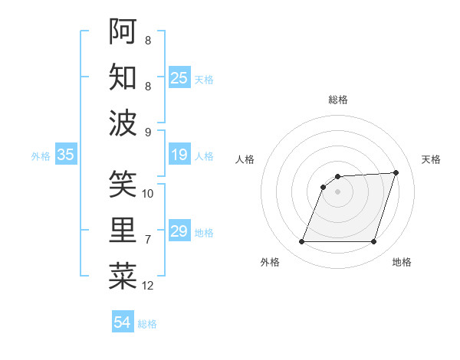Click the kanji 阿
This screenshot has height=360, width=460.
tap(123, 31)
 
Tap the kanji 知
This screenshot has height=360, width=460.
tap(123, 77)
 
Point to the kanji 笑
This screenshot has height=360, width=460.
tap(123, 184)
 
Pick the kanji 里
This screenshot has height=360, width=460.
tap(123, 231)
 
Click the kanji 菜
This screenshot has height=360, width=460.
tap(123, 277)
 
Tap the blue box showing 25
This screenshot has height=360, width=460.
tap(179, 77)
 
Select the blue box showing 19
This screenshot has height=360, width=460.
tap(179, 155)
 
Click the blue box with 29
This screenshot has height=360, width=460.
tap(179, 232)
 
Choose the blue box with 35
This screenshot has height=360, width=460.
tap(66, 155)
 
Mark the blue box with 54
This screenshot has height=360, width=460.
tap(123, 322)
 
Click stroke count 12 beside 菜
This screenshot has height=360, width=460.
tap(148, 286)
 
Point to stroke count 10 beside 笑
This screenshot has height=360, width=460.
tap(148, 194)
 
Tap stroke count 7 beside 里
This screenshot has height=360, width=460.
tap(148, 240)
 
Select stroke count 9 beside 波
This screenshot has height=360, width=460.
tap(148, 132)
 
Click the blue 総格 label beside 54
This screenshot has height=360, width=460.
tap(147, 324)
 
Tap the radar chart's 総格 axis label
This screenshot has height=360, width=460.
tap(338, 100)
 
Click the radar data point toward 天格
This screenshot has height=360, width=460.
tap(396, 172)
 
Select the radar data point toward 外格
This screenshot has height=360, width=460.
tap(301, 242)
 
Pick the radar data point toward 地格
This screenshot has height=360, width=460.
tap(374, 242)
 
